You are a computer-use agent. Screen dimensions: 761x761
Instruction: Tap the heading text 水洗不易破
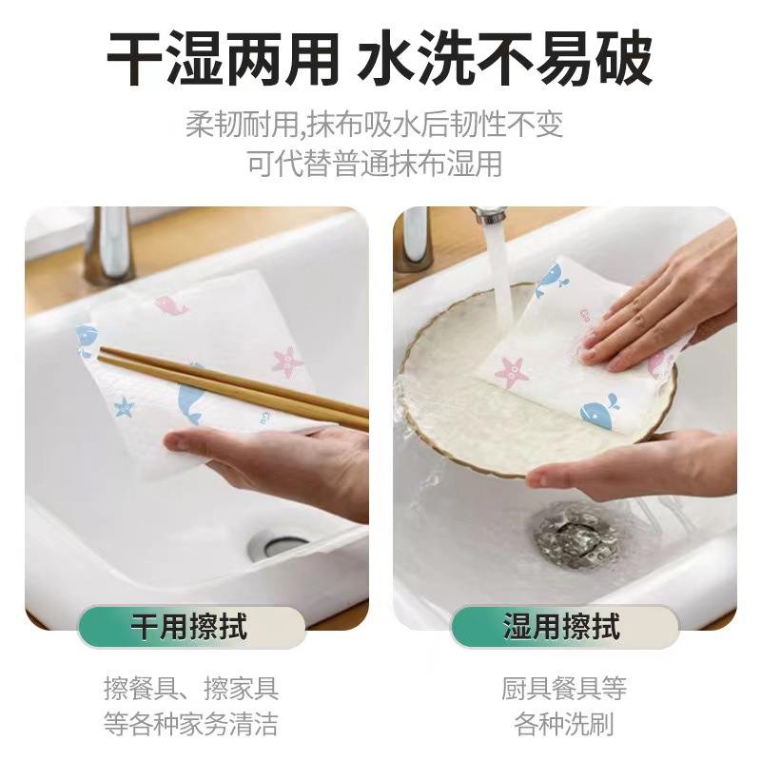pos(505,59)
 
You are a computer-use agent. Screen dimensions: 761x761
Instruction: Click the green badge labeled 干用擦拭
pos(190,628)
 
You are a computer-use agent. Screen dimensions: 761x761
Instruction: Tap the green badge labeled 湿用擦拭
pos(563,628)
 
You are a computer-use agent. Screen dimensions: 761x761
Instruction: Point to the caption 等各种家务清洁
pos(190,724)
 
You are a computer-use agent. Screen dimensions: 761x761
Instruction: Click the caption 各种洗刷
pos(563,724)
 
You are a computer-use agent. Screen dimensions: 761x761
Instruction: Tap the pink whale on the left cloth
pos(172,306)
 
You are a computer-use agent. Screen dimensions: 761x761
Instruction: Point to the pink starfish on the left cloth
pos(286,361)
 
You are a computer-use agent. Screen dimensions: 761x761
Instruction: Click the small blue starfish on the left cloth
pos(124,408)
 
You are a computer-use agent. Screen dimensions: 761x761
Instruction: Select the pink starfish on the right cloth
pos(512,371)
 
